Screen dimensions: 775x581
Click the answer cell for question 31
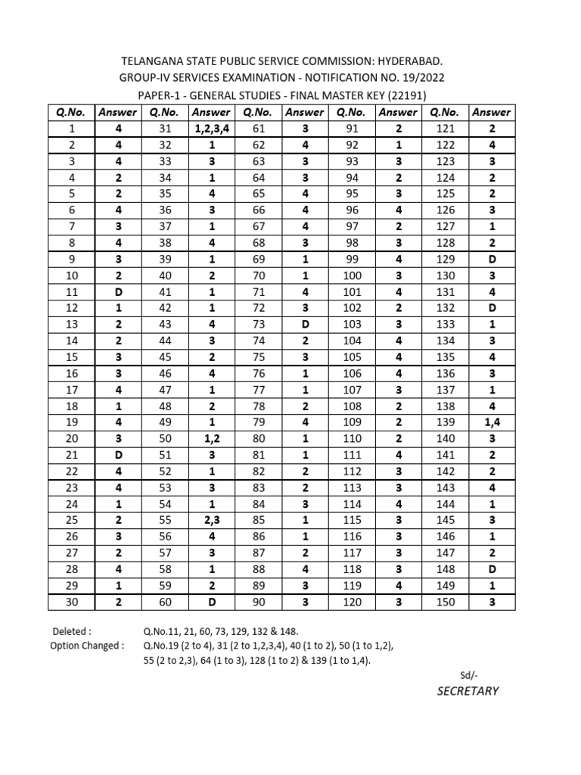[212, 128]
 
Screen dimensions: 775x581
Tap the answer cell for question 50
[212, 439]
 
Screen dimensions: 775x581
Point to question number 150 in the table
[446, 602]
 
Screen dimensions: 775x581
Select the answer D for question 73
[305, 325]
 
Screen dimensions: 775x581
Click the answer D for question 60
[212, 602]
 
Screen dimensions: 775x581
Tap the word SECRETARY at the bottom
[466, 690]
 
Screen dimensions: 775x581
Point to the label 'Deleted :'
[73, 630]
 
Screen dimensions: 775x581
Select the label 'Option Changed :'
[87, 646]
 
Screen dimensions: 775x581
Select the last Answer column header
[491, 112]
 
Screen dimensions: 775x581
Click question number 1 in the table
[70, 128]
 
